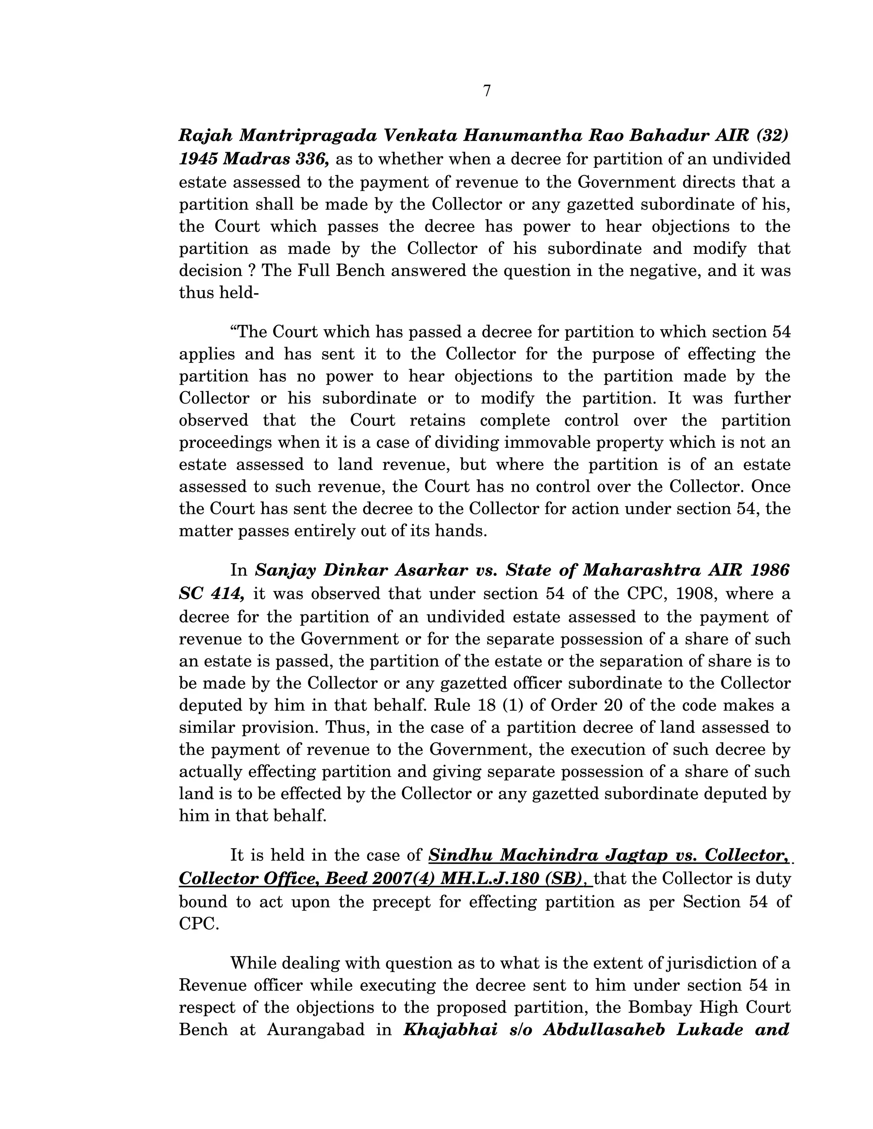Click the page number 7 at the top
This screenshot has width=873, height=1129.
pos(487,91)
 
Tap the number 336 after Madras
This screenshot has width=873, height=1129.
pos(312,159)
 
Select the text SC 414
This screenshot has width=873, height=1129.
pos(211,594)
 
